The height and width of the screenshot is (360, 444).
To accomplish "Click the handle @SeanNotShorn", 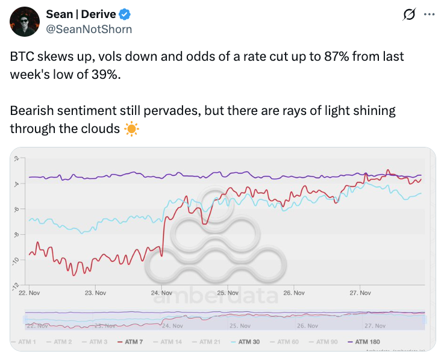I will point(89,29).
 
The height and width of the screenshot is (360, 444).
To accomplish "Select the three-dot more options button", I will point(429,14).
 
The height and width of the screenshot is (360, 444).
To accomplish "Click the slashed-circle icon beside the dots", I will point(410,14).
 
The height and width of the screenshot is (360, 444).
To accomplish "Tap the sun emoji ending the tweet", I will point(131,128).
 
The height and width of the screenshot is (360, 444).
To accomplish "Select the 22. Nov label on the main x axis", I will point(29,293).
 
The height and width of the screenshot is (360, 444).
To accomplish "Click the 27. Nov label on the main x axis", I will point(360,293).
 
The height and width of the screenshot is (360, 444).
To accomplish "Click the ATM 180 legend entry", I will point(365,342).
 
